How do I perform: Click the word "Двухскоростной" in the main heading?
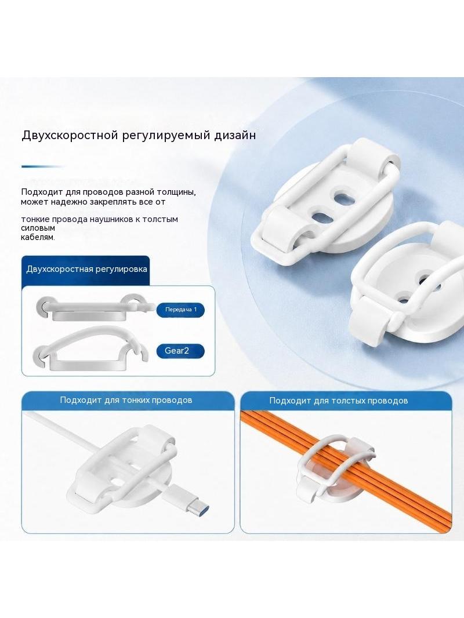tap(70, 135)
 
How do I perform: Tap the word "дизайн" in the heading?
tap(235, 135)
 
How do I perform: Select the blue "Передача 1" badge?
tap(180, 310)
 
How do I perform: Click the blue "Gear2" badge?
tap(180, 351)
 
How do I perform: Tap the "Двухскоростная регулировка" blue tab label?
tap(86, 269)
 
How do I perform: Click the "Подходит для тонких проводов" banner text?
tap(126, 400)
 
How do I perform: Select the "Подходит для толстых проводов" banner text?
tap(338, 401)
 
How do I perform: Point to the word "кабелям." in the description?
tap(38, 237)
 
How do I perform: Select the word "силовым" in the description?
tap(38, 228)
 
